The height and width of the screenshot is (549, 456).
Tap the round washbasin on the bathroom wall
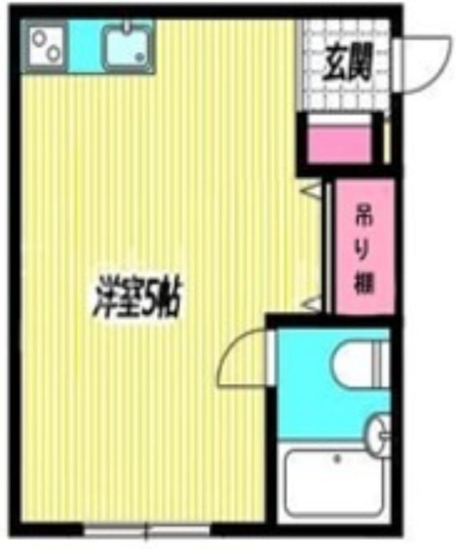[379, 432]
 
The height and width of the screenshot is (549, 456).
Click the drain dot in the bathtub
[337, 457]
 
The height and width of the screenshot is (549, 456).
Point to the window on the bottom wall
[147, 529]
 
